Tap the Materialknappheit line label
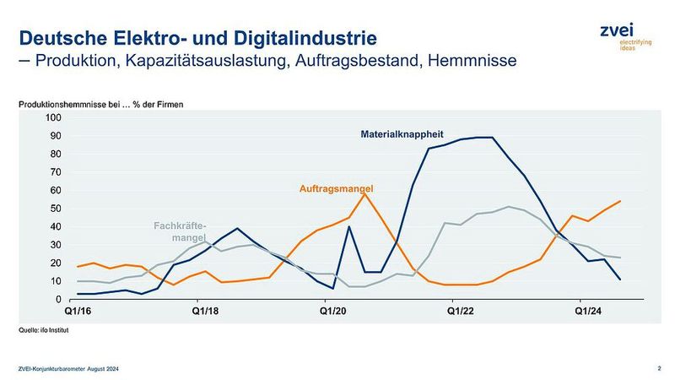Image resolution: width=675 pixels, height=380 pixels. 403,133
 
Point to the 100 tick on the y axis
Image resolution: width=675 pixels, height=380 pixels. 53,117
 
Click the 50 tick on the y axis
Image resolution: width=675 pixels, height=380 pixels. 56,208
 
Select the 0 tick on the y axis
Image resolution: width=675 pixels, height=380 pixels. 58,299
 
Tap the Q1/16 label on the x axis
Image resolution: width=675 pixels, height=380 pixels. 78,312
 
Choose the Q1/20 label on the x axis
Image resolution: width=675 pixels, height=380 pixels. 333,312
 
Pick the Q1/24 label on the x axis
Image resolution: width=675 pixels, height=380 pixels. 589,312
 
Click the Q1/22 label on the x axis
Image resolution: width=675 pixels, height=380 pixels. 462,312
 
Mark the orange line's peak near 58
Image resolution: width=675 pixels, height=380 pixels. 364,193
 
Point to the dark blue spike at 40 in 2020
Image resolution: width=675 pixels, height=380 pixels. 349,226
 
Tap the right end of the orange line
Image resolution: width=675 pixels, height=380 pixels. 621,201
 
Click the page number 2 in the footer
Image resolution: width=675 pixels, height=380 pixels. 658,367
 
